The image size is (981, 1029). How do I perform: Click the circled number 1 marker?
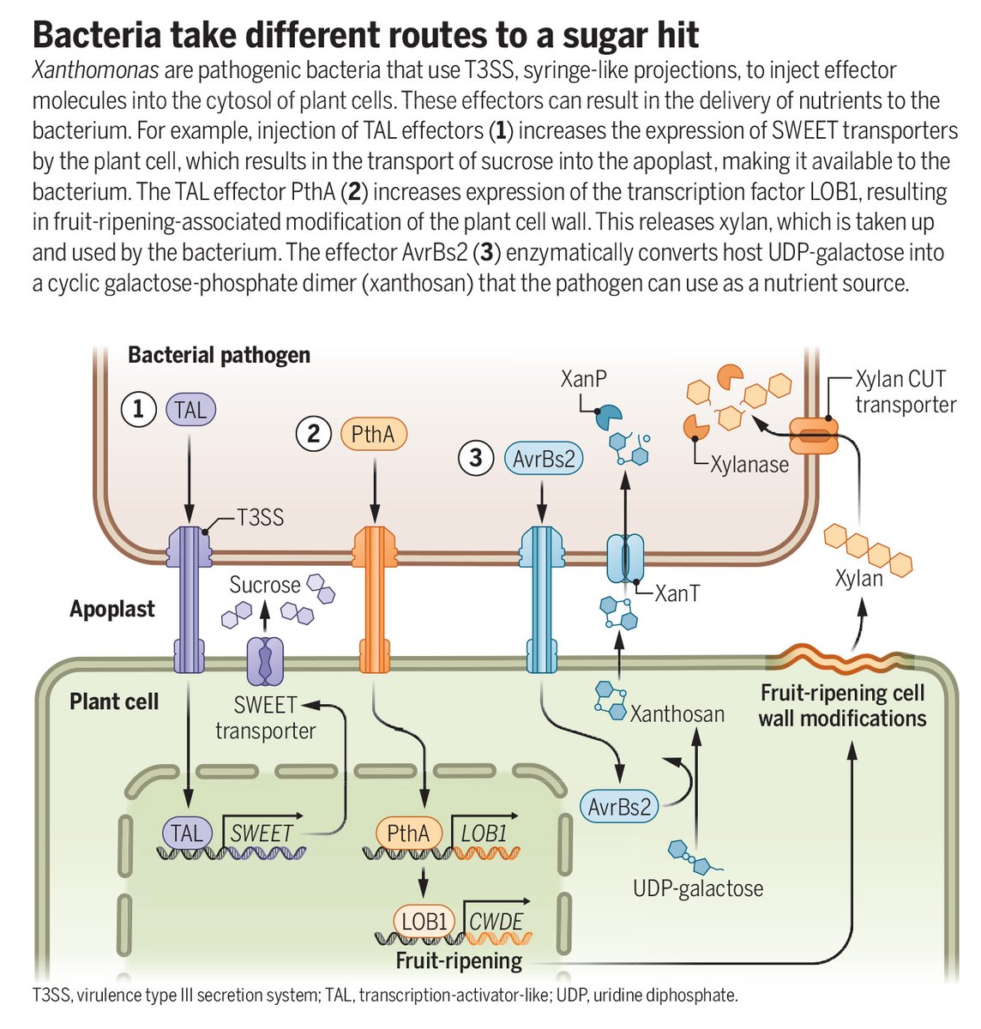137,411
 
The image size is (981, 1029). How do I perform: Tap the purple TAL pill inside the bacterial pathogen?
190,410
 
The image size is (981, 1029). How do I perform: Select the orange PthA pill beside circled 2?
373,435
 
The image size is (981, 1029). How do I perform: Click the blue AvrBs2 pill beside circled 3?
544,458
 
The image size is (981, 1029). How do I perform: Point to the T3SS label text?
260,518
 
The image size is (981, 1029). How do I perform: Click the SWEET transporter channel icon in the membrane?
264,660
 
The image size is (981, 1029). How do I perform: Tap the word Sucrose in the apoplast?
265,585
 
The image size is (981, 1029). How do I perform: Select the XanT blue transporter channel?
625,559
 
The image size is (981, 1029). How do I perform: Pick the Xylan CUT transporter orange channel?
813,435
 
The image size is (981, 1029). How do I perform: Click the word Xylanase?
749,464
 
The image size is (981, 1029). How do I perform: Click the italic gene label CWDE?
496,922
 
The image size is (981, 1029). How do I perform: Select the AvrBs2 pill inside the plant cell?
619,807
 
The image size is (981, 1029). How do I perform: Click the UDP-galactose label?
698,888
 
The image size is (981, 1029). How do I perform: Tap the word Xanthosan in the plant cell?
677,713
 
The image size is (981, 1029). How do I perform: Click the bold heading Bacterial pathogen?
219,355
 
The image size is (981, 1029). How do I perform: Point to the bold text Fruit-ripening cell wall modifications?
842,705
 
